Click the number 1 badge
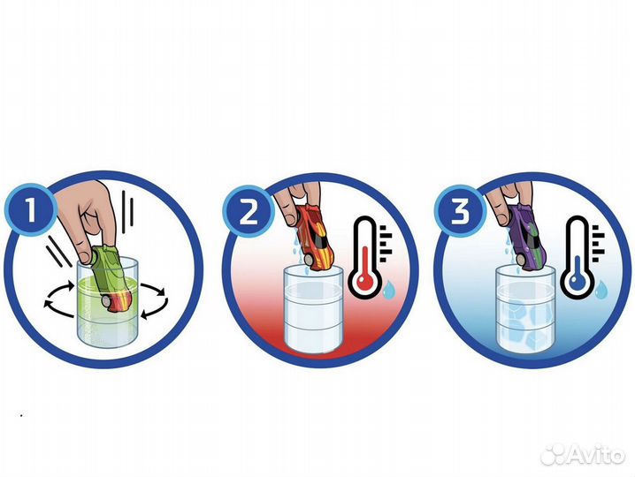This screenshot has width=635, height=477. pos(31,210)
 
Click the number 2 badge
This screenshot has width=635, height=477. pos(249,212)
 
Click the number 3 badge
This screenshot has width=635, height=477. pos(461,211)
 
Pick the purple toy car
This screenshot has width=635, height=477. pos(527,238)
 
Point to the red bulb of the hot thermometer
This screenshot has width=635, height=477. pos(364,281)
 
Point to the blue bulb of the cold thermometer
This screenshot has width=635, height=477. pos(578,281)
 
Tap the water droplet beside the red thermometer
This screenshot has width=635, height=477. pos(389,290)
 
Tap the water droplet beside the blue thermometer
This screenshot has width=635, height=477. pos(601,289)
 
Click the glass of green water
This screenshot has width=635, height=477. pos(108,303)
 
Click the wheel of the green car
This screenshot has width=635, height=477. pos(107,302)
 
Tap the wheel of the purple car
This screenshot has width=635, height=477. pos(519,261)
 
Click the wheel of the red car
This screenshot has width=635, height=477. pos(309,260)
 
